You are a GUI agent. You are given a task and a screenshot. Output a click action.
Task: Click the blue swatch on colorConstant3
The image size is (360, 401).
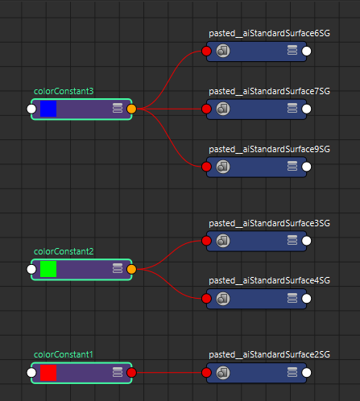click(x=48, y=109)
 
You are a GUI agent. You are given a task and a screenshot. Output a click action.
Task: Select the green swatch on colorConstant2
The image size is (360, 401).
click(x=48, y=269)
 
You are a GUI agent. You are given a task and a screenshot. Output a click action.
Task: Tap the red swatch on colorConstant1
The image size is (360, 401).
click(x=48, y=373)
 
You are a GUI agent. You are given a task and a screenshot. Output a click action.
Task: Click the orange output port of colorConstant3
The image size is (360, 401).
click(x=131, y=109)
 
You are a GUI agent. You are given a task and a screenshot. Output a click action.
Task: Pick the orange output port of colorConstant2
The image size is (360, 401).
click(x=131, y=269)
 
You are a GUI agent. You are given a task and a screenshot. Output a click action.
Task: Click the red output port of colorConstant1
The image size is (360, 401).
click(x=131, y=373)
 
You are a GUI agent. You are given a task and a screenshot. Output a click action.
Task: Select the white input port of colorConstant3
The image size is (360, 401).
click(x=31, y=109)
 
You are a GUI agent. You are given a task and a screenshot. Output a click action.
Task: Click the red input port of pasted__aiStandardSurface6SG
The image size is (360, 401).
click(x=206, y=51)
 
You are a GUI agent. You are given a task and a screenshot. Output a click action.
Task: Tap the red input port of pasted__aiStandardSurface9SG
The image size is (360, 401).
click(x=206, y=167)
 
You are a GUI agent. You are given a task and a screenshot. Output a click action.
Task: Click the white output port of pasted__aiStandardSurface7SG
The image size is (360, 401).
click(x=307, y=109)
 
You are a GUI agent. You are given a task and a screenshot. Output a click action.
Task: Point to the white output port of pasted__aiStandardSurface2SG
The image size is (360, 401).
click(x=307, y=373)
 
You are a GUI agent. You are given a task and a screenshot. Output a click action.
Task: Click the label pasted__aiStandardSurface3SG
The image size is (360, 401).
click(x=269, y=223)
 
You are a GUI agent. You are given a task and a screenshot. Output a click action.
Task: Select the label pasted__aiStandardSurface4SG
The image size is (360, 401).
click(x=269, y=280)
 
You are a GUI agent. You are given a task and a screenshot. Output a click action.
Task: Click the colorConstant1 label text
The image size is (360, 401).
click(x=64, y=354)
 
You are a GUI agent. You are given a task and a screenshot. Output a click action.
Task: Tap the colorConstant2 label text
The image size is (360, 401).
click(x=64, y=251)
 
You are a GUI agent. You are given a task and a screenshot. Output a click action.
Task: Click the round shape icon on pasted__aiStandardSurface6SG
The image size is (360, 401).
click(x=223, y=51)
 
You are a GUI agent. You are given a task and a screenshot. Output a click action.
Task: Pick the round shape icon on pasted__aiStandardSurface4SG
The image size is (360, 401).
click(x=223, y=298)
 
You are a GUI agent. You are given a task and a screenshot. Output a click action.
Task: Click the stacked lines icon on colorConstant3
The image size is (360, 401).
click(x=118, y=108)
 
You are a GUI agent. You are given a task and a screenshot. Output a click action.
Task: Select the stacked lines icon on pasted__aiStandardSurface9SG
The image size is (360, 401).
click(x=292, y=166)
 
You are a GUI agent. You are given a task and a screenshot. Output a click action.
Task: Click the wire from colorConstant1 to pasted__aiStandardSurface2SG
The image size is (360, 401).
click(x=169, y=373)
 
